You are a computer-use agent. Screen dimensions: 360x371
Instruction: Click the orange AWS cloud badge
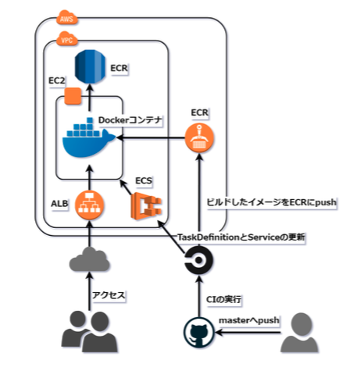click(67, 18)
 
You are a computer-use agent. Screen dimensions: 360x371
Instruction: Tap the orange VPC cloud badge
click(67, 39)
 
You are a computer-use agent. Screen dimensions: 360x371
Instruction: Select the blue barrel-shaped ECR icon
click(90, 66)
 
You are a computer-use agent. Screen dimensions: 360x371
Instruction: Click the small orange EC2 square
click(73, 96)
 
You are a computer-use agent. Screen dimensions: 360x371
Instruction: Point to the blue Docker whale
click(88, 138)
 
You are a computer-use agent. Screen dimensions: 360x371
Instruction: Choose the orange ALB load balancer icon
click(89, 205)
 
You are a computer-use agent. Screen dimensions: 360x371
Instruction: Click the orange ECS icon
click(146, 206)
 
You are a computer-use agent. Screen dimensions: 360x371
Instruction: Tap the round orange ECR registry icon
click(199, 138)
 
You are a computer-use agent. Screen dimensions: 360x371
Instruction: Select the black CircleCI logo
click(198, 259)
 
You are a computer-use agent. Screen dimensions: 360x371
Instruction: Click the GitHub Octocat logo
click(199, 333)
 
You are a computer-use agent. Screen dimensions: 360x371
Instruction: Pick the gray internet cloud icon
click(89, 259)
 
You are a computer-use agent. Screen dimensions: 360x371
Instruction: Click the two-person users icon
click(89, 331)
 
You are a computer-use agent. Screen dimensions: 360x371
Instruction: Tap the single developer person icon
click(299, 333)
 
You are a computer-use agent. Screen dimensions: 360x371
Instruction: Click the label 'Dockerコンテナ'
click(130, 120)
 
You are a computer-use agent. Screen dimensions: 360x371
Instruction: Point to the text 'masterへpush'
click(249, 320)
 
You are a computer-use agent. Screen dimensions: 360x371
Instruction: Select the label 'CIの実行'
click(223, 299)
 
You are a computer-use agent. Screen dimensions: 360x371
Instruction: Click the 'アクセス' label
click(109, 295)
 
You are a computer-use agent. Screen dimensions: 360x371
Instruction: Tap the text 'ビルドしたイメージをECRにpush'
click(271, 202)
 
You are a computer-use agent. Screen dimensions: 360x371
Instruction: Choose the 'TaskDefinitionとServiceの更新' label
click(241, 237)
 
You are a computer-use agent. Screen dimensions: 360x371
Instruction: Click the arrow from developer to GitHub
click(248, 333)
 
